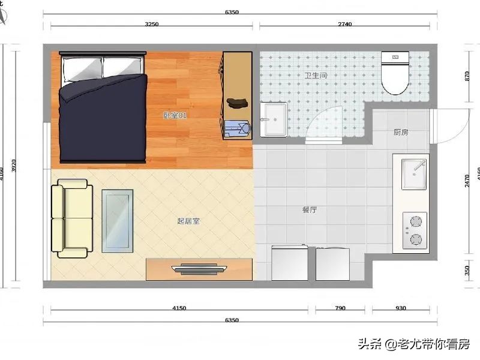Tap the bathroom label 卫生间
tap(315, 76)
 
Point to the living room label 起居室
tap(188, 221)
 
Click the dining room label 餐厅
tap(310, 210)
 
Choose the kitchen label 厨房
tap(401, 132)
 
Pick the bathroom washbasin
tap(275, 119)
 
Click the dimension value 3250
tap(152, 25)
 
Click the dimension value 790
tap(340, 308)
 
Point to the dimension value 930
tap(401, 308)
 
